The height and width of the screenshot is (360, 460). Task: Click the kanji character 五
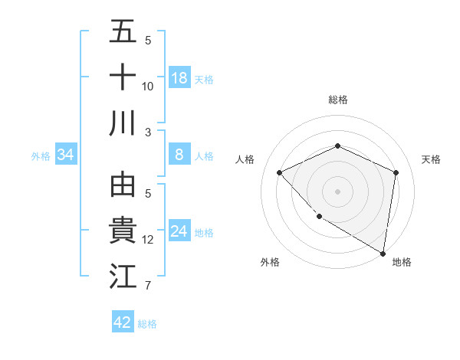(123, 33)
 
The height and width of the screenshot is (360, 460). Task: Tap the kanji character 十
(123, 77)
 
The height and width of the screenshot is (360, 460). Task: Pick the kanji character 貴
(123, 231)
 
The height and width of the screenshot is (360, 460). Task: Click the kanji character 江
(123, 277)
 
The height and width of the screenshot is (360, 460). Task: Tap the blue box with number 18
(179, 78)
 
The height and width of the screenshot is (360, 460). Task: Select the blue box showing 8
(179, 155)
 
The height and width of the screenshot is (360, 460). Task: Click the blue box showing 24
(179, 231)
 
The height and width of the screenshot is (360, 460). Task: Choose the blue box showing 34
(66, 155)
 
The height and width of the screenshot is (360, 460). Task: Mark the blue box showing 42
(123, 322)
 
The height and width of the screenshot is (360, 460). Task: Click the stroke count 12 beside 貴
(148, 240)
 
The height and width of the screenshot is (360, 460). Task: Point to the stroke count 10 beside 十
(148, 86)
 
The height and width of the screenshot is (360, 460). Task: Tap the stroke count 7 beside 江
(148, 286)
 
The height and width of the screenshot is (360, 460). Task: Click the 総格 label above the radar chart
(337, 100)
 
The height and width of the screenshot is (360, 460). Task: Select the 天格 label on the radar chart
(431, 159)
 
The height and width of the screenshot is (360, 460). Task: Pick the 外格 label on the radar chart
(269, 262)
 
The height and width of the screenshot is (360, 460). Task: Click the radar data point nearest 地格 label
(383, 253)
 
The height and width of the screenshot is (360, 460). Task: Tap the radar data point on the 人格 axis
(280, 172)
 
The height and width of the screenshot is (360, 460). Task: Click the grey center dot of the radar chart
(337, 191)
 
